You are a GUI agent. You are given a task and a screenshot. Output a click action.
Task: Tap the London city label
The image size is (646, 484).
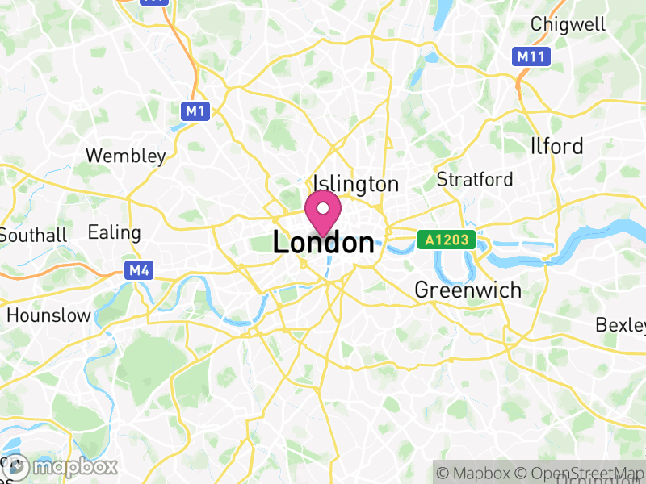click(323, 243)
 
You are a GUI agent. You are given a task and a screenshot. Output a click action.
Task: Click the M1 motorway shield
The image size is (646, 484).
click(195, 111)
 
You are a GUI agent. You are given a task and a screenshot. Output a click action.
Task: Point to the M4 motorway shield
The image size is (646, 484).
click(137, 270)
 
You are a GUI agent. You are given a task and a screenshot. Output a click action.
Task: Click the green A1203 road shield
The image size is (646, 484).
click(447, 239)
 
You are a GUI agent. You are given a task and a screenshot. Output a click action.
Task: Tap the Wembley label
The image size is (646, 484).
click(126, 155)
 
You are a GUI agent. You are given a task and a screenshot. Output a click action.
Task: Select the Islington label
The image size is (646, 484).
click(356, 184)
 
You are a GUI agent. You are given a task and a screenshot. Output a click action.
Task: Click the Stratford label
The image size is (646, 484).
click(474, 178)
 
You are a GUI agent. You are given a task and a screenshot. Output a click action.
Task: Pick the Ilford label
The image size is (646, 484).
click(557, 146)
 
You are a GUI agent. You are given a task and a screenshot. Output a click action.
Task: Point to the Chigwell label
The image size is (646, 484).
click(568, 24)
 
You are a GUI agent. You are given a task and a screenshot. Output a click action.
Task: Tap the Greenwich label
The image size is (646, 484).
click(468, 290)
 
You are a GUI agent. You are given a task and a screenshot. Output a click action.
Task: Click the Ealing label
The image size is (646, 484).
click(114, 232)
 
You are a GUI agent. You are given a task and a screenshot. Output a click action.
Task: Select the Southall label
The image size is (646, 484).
click(34, 236)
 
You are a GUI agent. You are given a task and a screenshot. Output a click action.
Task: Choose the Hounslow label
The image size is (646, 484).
click(48, 315)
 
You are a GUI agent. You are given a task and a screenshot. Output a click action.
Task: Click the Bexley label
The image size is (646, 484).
click(620, 324)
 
